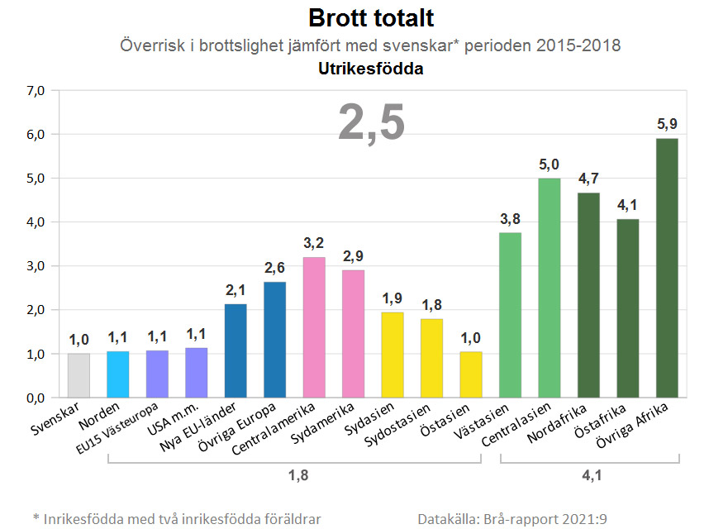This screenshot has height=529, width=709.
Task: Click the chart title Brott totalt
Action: tap(370, 18)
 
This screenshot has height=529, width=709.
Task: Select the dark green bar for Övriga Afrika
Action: tap(667, 268)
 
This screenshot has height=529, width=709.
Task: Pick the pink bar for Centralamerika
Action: tap(314, 327)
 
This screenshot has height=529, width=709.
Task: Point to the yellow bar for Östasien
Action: tap(471, 374)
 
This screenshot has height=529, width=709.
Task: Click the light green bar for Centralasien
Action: tap(550, 288)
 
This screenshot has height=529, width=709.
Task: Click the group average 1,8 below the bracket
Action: tap(294, 477)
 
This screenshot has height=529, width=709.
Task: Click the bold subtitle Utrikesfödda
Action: tap(370, 69)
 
